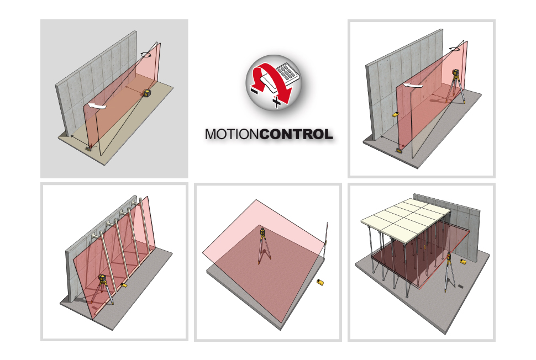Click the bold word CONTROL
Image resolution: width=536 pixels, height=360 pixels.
click(x=296, y=134)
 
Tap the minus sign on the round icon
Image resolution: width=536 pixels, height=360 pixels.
click(x=255, y=91)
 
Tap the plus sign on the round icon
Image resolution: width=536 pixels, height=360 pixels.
click(x=276, y=102)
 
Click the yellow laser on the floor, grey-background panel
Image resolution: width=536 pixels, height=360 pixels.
click(x=148, y=93)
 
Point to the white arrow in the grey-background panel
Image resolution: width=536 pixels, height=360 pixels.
click(x=97, y=105)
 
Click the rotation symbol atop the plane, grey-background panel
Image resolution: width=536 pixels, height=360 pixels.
click(x=146, y=54)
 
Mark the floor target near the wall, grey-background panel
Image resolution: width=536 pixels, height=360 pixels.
click(x=90, y=148)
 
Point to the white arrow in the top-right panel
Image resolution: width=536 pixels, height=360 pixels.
click(x=413, y=84)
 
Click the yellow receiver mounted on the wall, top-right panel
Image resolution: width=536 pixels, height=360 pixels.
click(x=396, y=114)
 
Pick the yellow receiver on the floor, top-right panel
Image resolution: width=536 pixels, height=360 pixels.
click(x=400, y=149)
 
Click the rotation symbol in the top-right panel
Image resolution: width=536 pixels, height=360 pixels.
click(x=455, y=49)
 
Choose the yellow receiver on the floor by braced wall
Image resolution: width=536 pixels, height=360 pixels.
click(x=124, y=284)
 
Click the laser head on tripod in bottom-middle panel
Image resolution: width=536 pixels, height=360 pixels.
click(x=262, y=233)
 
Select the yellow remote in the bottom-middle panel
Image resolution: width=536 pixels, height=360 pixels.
click(x=320, y=282)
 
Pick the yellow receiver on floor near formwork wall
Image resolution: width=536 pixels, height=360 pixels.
click(x=464, y=262)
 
